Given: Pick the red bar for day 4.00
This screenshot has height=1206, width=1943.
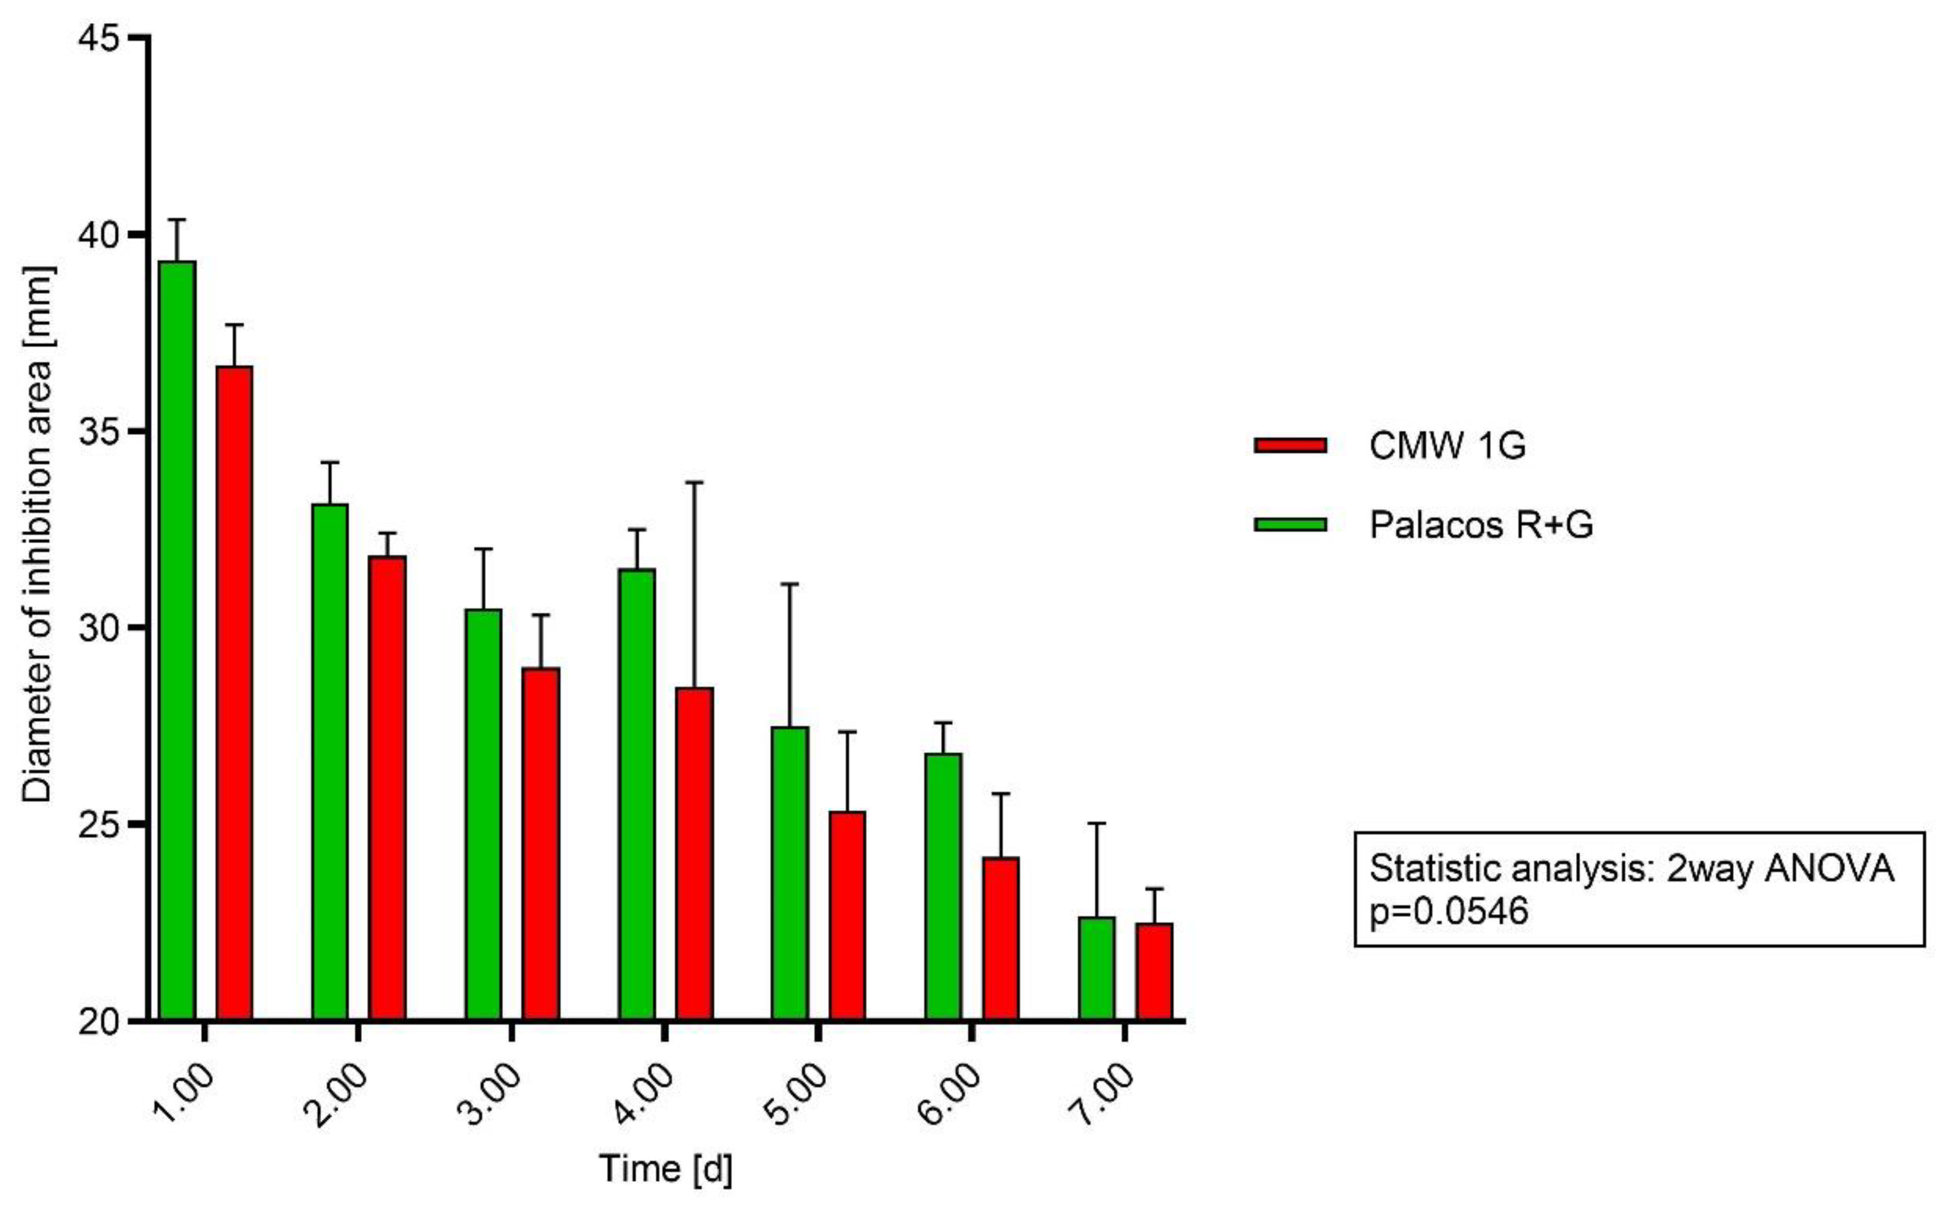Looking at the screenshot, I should (x=695, y=853).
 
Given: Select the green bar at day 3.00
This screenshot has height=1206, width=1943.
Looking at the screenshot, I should (x=483, y=814).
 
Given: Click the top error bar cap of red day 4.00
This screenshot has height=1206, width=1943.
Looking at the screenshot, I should (x=695, y=482).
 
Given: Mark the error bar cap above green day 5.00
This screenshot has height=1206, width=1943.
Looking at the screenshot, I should (x=790, y=585).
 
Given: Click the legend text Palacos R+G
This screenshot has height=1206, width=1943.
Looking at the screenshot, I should (x=1481, y=524).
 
